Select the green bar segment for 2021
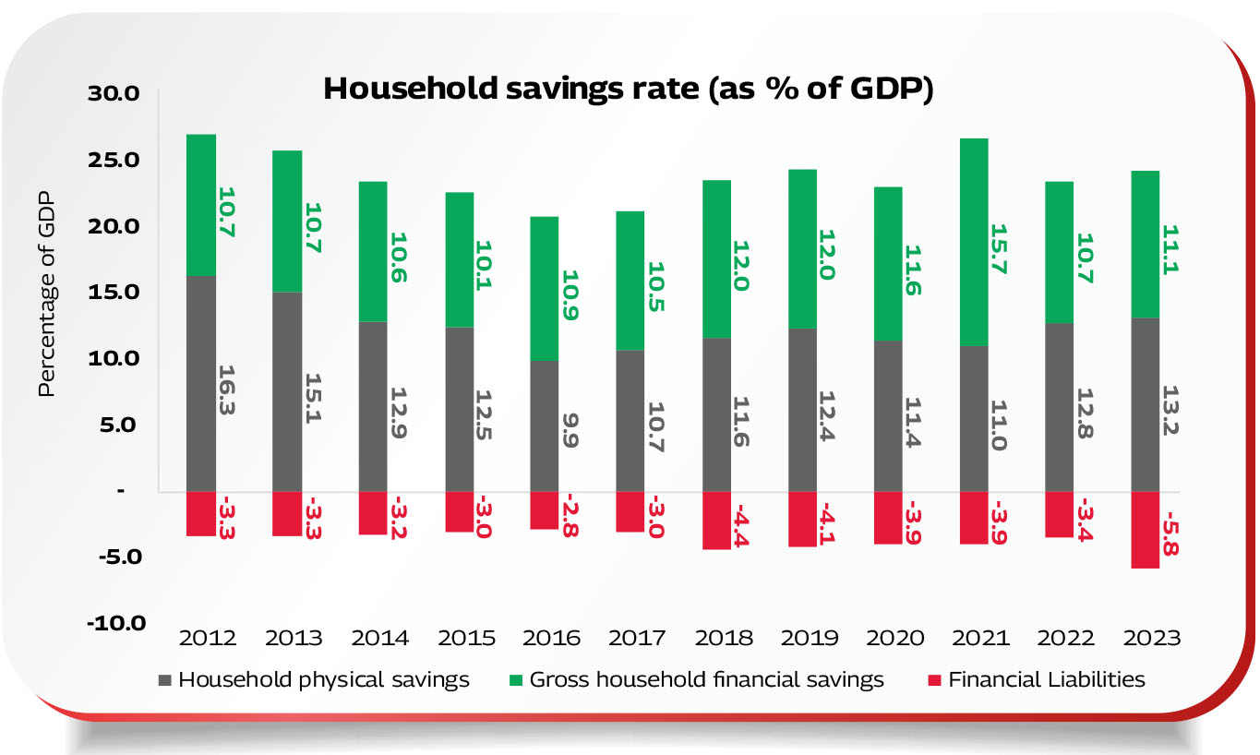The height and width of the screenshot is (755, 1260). tap(973, 242)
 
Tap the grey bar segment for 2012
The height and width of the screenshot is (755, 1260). tap(201, 383)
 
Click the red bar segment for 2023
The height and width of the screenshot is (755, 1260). tap(1145, 529)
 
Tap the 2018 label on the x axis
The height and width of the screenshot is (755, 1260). tap(724, 638)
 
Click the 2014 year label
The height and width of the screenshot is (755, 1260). tap(379, 638)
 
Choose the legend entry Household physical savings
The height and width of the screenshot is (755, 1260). tap(323, 680)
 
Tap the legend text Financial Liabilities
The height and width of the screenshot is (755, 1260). tap(1047, 680)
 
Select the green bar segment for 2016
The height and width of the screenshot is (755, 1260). tap(544, 288)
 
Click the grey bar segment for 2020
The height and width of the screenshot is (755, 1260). tap(887, 415)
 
